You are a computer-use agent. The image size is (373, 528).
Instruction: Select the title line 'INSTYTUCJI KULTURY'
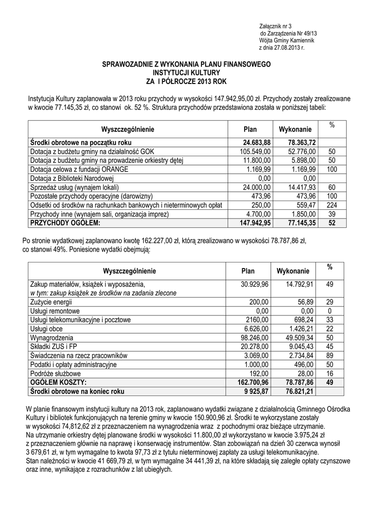tap(186, 73)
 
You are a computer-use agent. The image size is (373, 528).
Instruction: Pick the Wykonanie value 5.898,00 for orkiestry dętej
tap(302, 161)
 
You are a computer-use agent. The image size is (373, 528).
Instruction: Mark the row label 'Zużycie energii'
tap(51, 302)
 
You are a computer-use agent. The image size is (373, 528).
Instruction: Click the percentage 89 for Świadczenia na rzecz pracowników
tap(330, 355)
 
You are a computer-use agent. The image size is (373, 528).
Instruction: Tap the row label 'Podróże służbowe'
tap(55, 373)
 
